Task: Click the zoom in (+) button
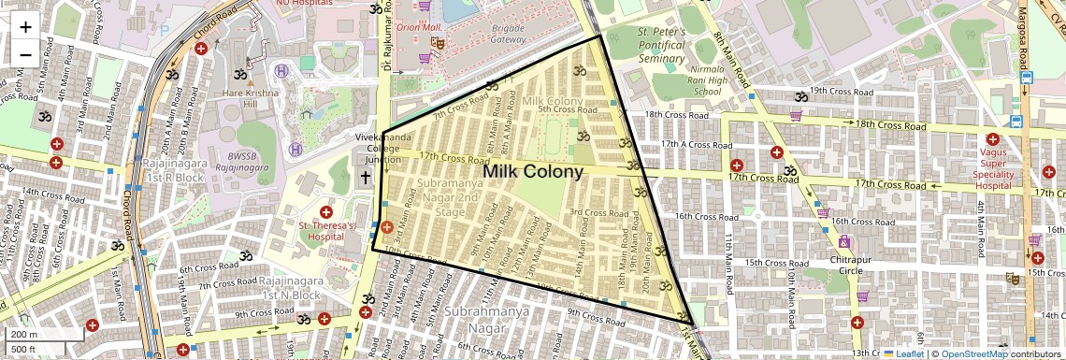pyautogui.click(x=25, y=26)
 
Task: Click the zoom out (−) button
pyautogui.click(x=25, y=54)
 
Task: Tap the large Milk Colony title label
pyautogui.click(x=533, y=172)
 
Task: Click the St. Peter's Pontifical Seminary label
pyautogui.click(x=662, y=45)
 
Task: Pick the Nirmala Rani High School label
pyautogui.click(x=694, y=80)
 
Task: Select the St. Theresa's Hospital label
pyautogui.click(x=329, y=230)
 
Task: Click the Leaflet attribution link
pyautogui.click(x=903, y=353)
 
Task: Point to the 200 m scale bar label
pyautogui.click(x=24, y=334)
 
